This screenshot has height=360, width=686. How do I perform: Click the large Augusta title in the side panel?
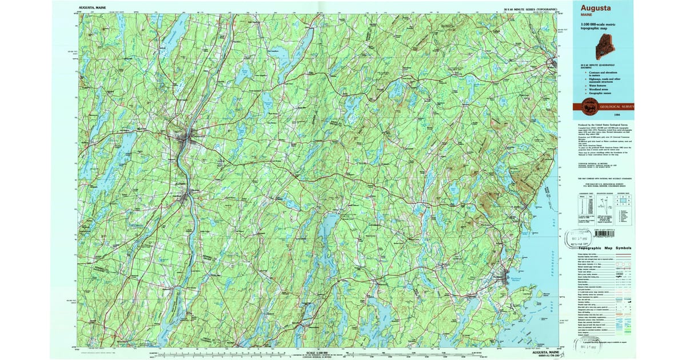pos(596,9)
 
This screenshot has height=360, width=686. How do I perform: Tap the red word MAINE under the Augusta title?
pos(587,16)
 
